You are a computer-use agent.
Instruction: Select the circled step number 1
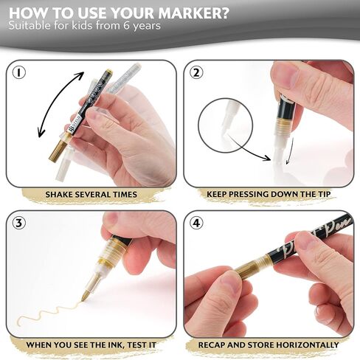coord(18,73)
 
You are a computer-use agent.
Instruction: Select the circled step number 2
coord(196,73)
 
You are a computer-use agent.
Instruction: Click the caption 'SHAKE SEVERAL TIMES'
coord(91,195)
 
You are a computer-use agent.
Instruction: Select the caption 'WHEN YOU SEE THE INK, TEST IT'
coord(91,345)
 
